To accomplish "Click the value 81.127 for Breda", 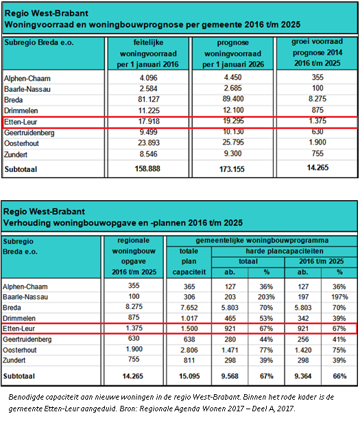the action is (149, 99).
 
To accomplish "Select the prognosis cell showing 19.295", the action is (233, 121).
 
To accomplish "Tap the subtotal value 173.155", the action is (232, 169).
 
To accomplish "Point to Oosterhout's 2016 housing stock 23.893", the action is (149, 143).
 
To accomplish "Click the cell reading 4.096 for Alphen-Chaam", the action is (149, 77).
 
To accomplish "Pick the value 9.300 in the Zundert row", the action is (233, 154).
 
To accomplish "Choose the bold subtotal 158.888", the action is (147, 169).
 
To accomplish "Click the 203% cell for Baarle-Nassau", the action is (266, 297).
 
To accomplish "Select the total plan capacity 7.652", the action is (189, 308).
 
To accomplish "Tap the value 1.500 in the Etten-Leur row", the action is (189, 328).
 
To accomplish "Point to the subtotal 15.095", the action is (189, 376).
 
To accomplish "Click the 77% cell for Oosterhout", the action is (266, 350).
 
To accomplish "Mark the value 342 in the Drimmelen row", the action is (303, 318).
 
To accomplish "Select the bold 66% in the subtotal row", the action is (339, 376).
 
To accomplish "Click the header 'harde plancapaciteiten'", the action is (285, 252).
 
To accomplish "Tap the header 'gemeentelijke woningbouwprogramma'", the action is (262, 241).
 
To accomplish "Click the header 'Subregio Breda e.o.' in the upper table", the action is (39, 42).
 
